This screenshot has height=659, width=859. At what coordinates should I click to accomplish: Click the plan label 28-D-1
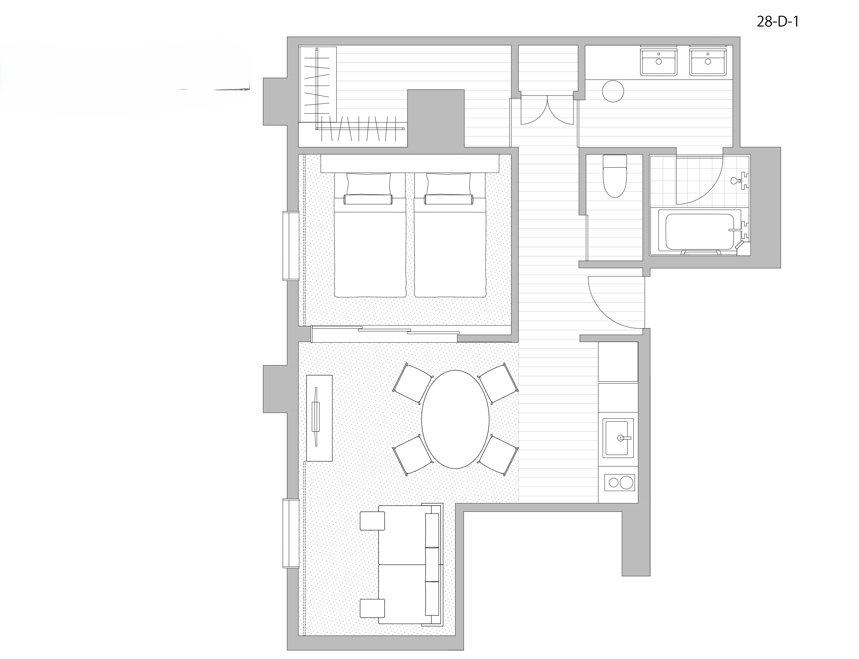point(777,22)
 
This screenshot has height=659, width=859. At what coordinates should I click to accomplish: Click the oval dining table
point(455,419)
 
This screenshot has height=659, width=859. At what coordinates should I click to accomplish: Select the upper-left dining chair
point(412,383)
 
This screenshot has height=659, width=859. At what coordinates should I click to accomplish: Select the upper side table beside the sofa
point(373,521)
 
